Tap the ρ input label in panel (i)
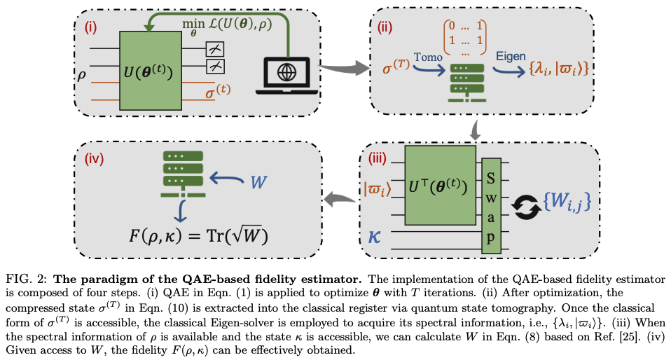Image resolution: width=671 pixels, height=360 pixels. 82,72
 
